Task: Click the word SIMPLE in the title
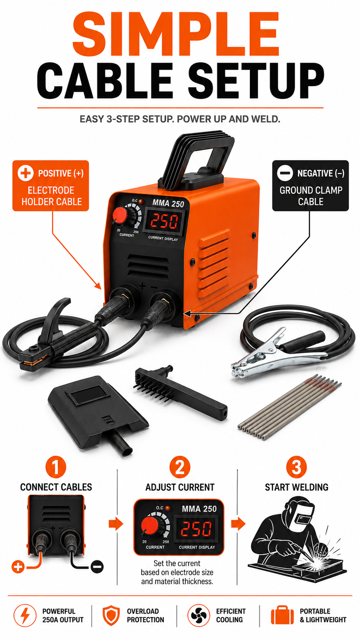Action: pyautogui.click(x=176, y=34)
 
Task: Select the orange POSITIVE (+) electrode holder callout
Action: pyautogui.click(x=50, y=186)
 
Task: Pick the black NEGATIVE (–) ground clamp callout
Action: pyautogui.click(x=310, y=186)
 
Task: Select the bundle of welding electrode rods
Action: pyautogui.click(x=290, y=407)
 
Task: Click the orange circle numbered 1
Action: pyautogui.click(x=56, y=467)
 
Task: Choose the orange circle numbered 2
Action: pyautogui.click(x=180, y=467)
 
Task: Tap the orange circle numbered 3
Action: pyautogui.click(x=296, y=467)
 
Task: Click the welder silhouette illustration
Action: pyautogui.click(x=297, y=537)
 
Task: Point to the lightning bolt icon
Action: pyautogui.click(x=25, y=616)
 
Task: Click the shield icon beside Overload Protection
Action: pyautogui.click(x=111, y=616)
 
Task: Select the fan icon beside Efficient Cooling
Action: pyautogui.click(x=199, y=616)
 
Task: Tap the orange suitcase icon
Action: pyautogui.click(x=282, y=616)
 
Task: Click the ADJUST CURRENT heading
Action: pyautogui.click(x=180, y=487)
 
